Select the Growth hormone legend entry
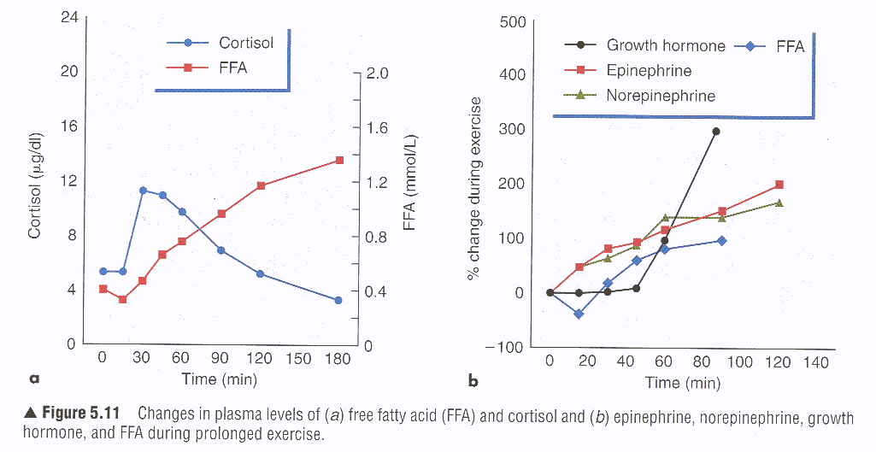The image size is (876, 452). click(x=665, y=46)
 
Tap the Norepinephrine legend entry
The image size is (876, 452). click(x=661, y=96)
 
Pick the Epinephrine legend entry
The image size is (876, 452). click(x=649, y=71)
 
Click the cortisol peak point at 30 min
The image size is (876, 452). click(x=143, y=191)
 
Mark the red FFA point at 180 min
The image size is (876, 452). click(x=339, y=161)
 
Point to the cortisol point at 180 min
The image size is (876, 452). click(x=338, y=300)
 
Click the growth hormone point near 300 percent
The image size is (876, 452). click(x=716, y=132)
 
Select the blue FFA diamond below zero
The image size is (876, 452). click(x=579, y=314)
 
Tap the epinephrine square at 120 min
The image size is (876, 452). click(x=779, y=185)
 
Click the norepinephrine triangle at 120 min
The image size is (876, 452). click(x=779, y=203)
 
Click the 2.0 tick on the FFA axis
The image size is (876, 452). click(x=376, y=73)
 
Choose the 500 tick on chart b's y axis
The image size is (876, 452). click(x=511, y=21)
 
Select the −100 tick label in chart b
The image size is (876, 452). click(x=502, y=346)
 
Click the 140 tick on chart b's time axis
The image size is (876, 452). click(x=816, y=361)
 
